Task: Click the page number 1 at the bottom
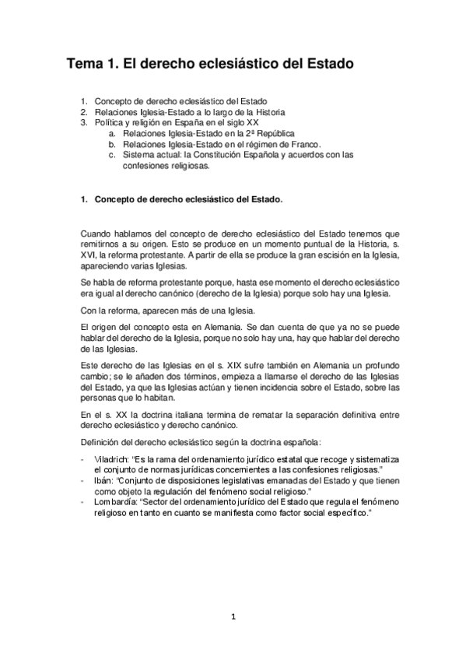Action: coord(233,617)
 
